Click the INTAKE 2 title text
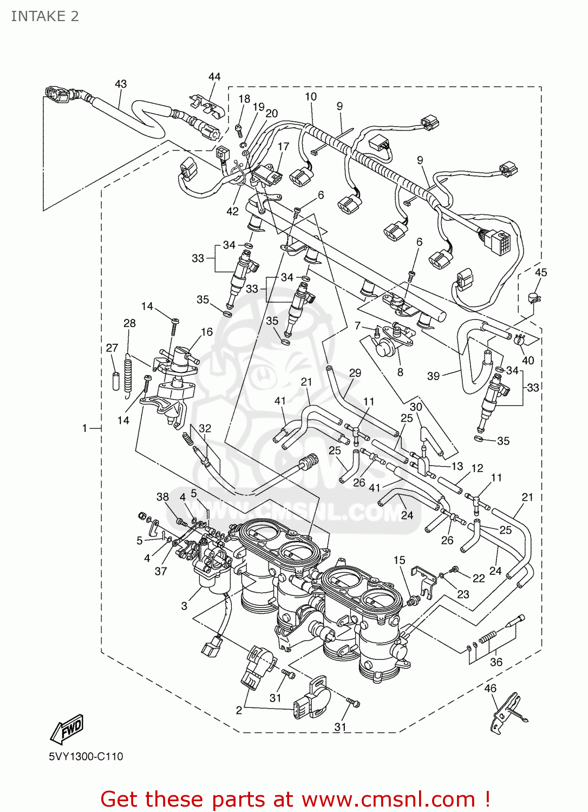click(x=45, y=17)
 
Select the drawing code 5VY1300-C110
click(x=86, y=756)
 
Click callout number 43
click(x=121, y=84)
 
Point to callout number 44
click(x=214, y=77)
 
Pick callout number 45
click(x=540, y=272)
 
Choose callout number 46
click(x=490, y=689)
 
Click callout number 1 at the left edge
click(x=84, y=428)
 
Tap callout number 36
click(x=496, y=662)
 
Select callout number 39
click(x=433, y=376)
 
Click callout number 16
click(x=207, y=332)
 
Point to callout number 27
click(x=112, y=348)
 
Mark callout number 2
click(x=239, y=710)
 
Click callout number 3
click(x=184, y=606)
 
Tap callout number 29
click(x=355, y=373)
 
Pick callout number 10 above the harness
click(x=311, y=97)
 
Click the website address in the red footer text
click(x=388, y=800)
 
